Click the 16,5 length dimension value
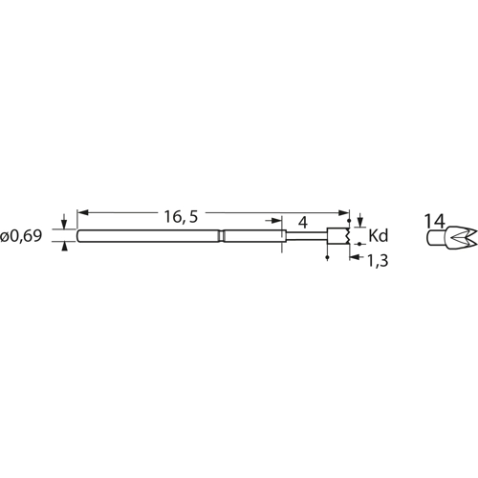tap(180, 218)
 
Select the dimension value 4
tap(302, 222)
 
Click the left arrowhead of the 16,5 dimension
tap(81, 210)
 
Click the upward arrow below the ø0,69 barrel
tap(65, 248)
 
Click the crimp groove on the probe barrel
tap(221, 236)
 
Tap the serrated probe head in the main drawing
tap(336, 236)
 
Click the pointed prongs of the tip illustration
tap(460, 236)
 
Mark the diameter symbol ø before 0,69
tap(7, 236)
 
